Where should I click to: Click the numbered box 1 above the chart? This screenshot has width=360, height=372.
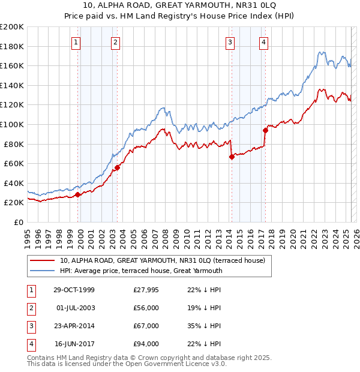coord(77,42)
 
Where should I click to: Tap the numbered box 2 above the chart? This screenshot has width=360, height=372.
coord(115,42)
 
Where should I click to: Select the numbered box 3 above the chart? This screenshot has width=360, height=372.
coord(230,42)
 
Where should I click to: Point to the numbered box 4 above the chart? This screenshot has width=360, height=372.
coord(264,42)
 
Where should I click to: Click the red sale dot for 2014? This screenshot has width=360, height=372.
coord(232,157)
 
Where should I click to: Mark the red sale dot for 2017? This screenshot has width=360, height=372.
coord(265,130)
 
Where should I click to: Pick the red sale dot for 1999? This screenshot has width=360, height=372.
coord(78,195)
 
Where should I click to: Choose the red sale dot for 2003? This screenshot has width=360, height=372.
coord(117,167)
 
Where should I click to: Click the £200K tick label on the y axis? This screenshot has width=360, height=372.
coord(12,27)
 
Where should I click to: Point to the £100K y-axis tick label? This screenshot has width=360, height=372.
coord(12,124)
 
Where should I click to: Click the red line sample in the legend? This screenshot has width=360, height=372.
coord(43,260)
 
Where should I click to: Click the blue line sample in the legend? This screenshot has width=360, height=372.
coord(43,271)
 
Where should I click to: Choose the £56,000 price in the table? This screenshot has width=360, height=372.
coord(146,308)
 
